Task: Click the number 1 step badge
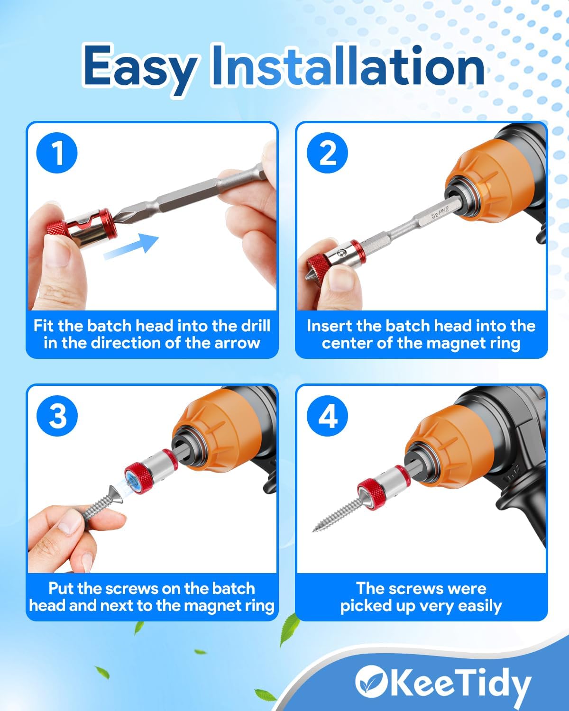[x=57, y=153]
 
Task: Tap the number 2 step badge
[x=327, y=153]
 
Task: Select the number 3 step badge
[x=57, y=416]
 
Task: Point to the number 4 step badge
[x=327, y=416]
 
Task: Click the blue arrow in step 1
[x=131, y=246]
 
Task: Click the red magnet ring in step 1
[x=83, y=228]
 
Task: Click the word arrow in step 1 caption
[x=237, y=343]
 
